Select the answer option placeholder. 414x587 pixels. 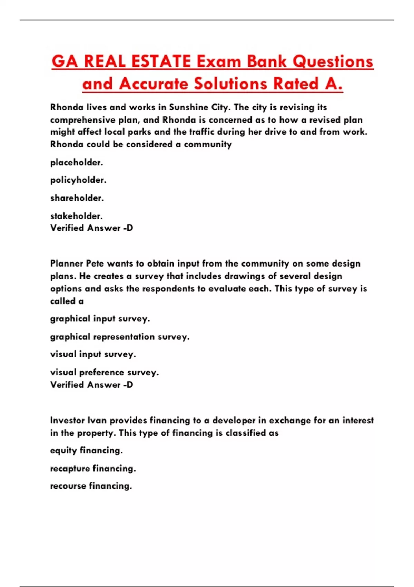point(77,163)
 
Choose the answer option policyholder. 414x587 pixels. point(78,180)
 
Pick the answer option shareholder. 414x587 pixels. point(77,198)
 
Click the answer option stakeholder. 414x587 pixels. point(77,216)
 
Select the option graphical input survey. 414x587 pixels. point(100,319)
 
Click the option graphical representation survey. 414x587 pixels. point(120,337)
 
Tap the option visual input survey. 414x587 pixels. point(93,354)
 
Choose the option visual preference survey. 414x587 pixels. point(105,372)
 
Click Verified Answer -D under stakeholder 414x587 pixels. point(91,228)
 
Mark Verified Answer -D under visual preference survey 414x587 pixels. point(91,385)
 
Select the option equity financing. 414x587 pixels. point(87,451)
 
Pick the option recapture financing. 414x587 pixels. point(93,469)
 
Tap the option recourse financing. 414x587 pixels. point(91,486)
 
